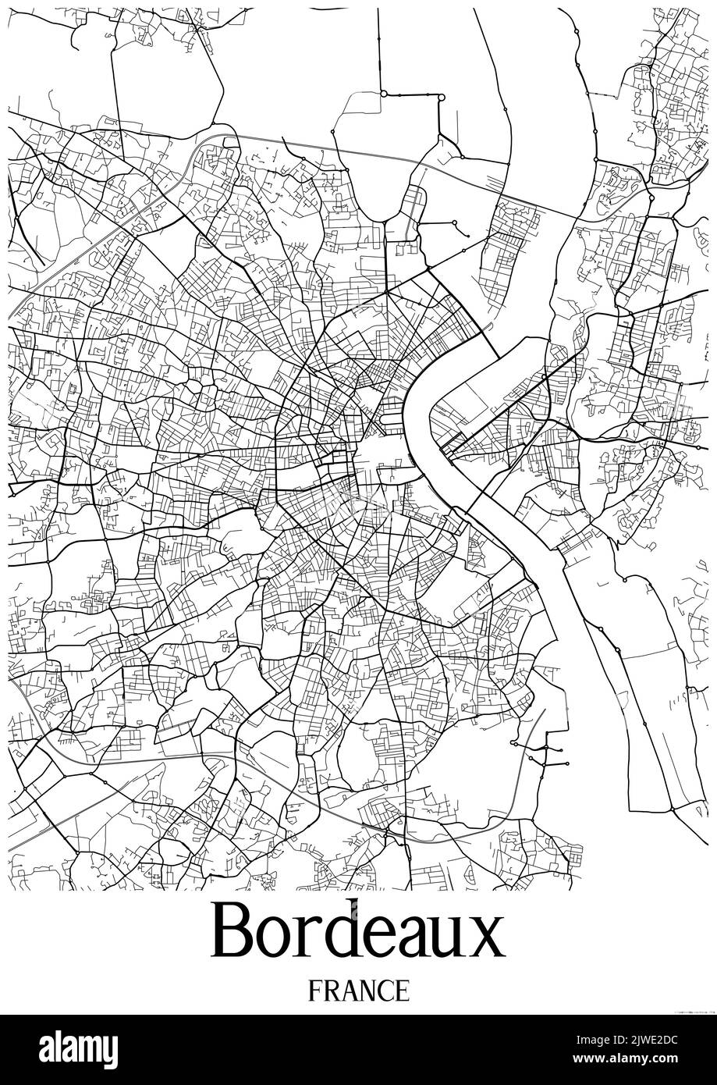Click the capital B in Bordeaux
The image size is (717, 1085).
pyautogui.click(x=234, y=930)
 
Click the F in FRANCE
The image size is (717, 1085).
pyautogui.click(x=314, y=991)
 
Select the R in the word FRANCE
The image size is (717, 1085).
pyautogui.click(x=330, y=991)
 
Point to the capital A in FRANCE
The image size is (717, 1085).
pyautogui.click(x=347, y=991)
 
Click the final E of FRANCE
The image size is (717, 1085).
pyautogui.click(x=401, y=991)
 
